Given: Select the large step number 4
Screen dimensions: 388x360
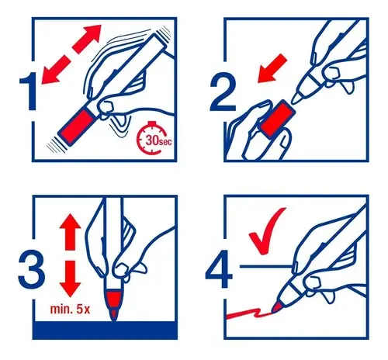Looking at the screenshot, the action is click(x=218, y=268).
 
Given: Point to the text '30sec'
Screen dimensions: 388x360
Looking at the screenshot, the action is click(x=158, y=140).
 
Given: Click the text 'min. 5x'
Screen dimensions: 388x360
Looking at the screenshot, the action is click(x=70, y=309).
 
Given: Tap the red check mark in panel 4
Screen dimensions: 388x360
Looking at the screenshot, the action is click(x=265, y=231).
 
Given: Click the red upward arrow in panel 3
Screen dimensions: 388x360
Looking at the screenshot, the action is click(x=70, y=232).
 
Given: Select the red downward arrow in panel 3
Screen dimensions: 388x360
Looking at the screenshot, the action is click(x=70, y=279).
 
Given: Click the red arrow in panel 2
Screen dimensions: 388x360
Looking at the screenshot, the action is click(x=272, y=68).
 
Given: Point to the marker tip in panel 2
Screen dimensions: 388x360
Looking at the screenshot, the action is click(x=296, y=99).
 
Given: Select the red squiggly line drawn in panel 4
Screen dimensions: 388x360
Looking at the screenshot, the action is click(x=249, y=313).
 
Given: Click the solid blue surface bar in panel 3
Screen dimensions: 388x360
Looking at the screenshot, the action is click(x=105, y=331).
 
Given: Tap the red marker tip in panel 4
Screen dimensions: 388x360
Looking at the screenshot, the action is click(x=277, y=306).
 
